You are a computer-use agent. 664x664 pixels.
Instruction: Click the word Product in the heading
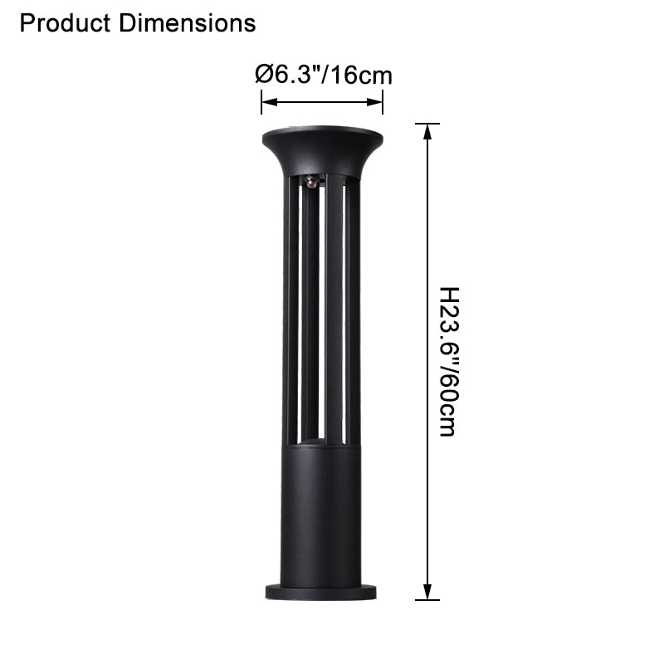coord(65,23)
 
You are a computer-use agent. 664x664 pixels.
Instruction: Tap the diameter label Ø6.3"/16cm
coord(324,76)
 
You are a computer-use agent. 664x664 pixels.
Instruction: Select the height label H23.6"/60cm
coord(447,362)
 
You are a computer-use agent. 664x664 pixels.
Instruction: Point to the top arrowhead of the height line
coord(427,132)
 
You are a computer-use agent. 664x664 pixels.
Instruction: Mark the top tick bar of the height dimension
coord(427,124)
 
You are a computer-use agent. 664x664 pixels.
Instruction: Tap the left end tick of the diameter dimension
coord(262,103)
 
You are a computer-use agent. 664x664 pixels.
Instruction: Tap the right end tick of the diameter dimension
coord(383,103)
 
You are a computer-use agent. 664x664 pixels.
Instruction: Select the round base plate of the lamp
coord(322,591)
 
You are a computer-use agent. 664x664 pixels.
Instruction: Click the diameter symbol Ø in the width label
coord(263,76)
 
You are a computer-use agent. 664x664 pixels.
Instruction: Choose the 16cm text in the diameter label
coord(362,76)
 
